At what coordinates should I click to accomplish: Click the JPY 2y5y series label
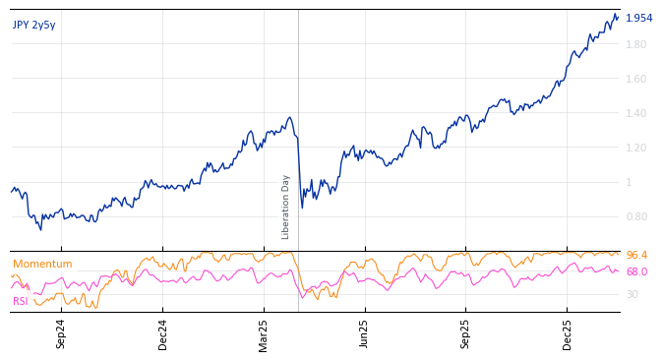[x=34, y=25]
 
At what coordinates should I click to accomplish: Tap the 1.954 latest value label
[x=638, y=18]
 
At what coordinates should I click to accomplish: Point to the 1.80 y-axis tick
[x=636, y=44]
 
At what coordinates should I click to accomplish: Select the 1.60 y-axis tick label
[x=636, y=79]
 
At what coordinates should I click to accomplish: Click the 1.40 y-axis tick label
[x=636, y=113]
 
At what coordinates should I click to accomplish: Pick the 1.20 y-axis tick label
[x=636, y=148]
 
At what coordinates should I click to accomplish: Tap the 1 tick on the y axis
[x=630, y=182]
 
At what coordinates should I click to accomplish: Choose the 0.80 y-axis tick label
[x=636, y=216]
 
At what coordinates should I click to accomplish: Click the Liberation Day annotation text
[x=286, y=207]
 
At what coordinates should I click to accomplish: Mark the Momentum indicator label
[x=42, y=264]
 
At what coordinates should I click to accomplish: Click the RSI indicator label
[x=21, y=301]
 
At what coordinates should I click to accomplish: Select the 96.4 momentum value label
[x=636, y=255]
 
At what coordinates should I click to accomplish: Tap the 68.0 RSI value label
[x=636, y=271]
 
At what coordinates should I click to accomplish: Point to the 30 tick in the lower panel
[x=633, y=294]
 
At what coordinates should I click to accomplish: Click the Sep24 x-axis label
[x=61, y=333]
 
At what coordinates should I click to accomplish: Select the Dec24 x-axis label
[x=163, y=333]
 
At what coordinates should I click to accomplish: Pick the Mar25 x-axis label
[x=264, y=333]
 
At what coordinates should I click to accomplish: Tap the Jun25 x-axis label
[x=365, y=333]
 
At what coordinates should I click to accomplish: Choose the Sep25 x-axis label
[x=466, y=333]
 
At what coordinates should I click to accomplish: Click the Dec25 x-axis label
[x=568, y=333]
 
